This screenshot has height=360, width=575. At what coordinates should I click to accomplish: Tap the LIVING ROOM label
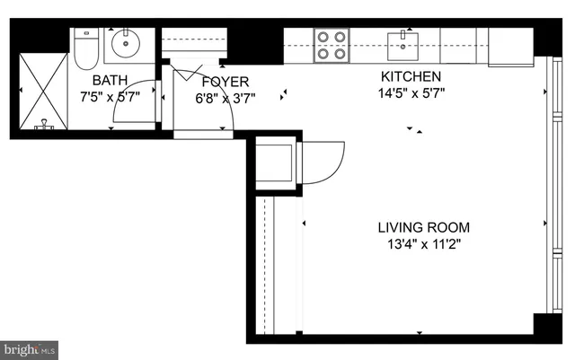click(x=422, y=227)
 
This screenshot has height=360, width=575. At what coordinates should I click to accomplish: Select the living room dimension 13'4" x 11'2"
click(x=422, y=243)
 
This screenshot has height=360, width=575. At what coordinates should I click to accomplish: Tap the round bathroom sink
click(x=125, y=42)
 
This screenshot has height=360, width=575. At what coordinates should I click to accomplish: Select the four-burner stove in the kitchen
click(x=331, y=45)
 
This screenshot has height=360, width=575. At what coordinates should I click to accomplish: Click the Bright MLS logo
click(x=30, y=347)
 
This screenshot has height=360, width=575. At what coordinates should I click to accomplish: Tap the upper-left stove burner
click(x=323, y=38)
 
